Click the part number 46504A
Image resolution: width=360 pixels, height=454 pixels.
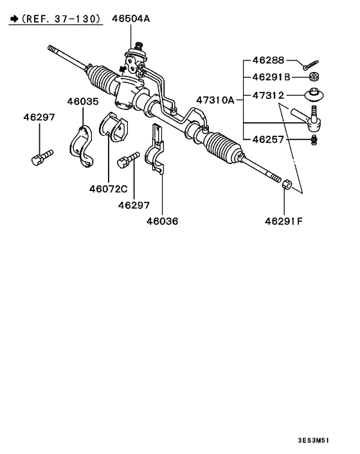click(132, 19)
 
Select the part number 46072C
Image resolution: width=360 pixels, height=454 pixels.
click(108, 188)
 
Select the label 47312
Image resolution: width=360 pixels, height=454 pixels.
click(267, 95)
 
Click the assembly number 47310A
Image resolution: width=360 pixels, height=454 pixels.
click(215, 100)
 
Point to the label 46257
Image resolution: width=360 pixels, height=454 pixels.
click(267, 138)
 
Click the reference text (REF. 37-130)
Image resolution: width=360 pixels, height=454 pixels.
click(62, 19)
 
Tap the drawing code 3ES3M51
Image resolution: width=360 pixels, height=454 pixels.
click(312, 440)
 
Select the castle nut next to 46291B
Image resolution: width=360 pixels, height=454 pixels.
click(314, 78)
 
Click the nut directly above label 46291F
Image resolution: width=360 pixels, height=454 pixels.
click(287, 185)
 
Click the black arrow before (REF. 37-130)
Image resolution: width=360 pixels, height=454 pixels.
click(14, 20)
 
